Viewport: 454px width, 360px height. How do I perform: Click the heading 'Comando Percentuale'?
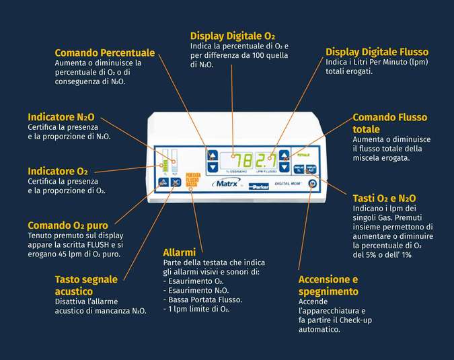tap(105, 52)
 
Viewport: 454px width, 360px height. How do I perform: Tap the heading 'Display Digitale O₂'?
tap(232, 36)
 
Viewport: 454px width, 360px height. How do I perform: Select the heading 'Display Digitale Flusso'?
tap(377, 52)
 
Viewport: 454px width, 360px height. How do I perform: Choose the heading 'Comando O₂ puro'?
tap(68, 225)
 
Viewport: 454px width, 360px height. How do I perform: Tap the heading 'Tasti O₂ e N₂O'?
tap(384, 198)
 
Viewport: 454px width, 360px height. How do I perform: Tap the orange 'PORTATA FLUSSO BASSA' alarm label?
tap(192, 180)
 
